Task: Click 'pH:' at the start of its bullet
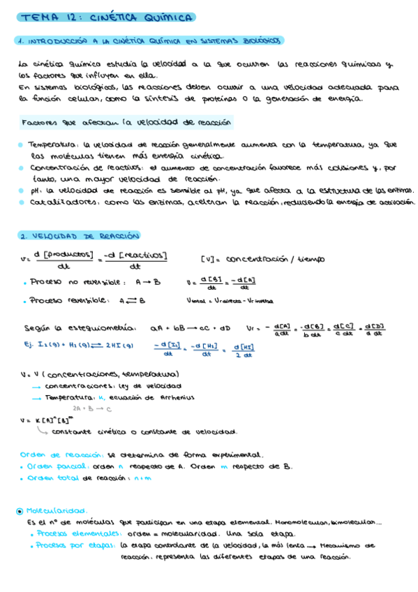[x=37, y=190]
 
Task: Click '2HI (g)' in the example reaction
[x=119, y=344]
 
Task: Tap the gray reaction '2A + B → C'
[x=92, y=409]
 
